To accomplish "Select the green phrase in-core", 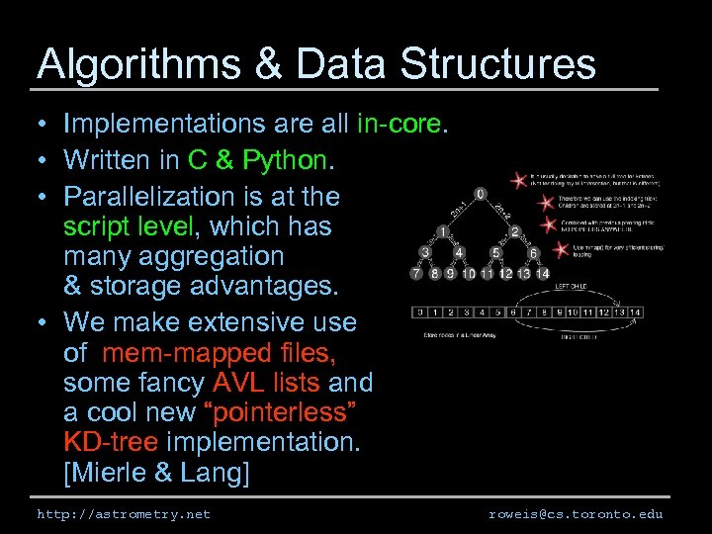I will pos(402,124).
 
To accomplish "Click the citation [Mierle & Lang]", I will pos(156,473).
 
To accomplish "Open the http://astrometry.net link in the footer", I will pos(124,514).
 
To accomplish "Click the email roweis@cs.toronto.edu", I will pos(576,514).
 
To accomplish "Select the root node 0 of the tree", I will pos(480,194).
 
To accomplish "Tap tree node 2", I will pos(515,231).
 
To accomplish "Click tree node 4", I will pos(459,252).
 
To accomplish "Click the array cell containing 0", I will pos(421,313).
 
